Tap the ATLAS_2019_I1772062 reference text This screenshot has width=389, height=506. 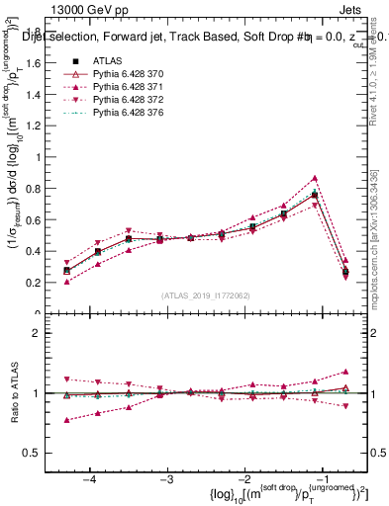click(206, 295)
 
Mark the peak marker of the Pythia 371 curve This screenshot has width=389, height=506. click(315, 178)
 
